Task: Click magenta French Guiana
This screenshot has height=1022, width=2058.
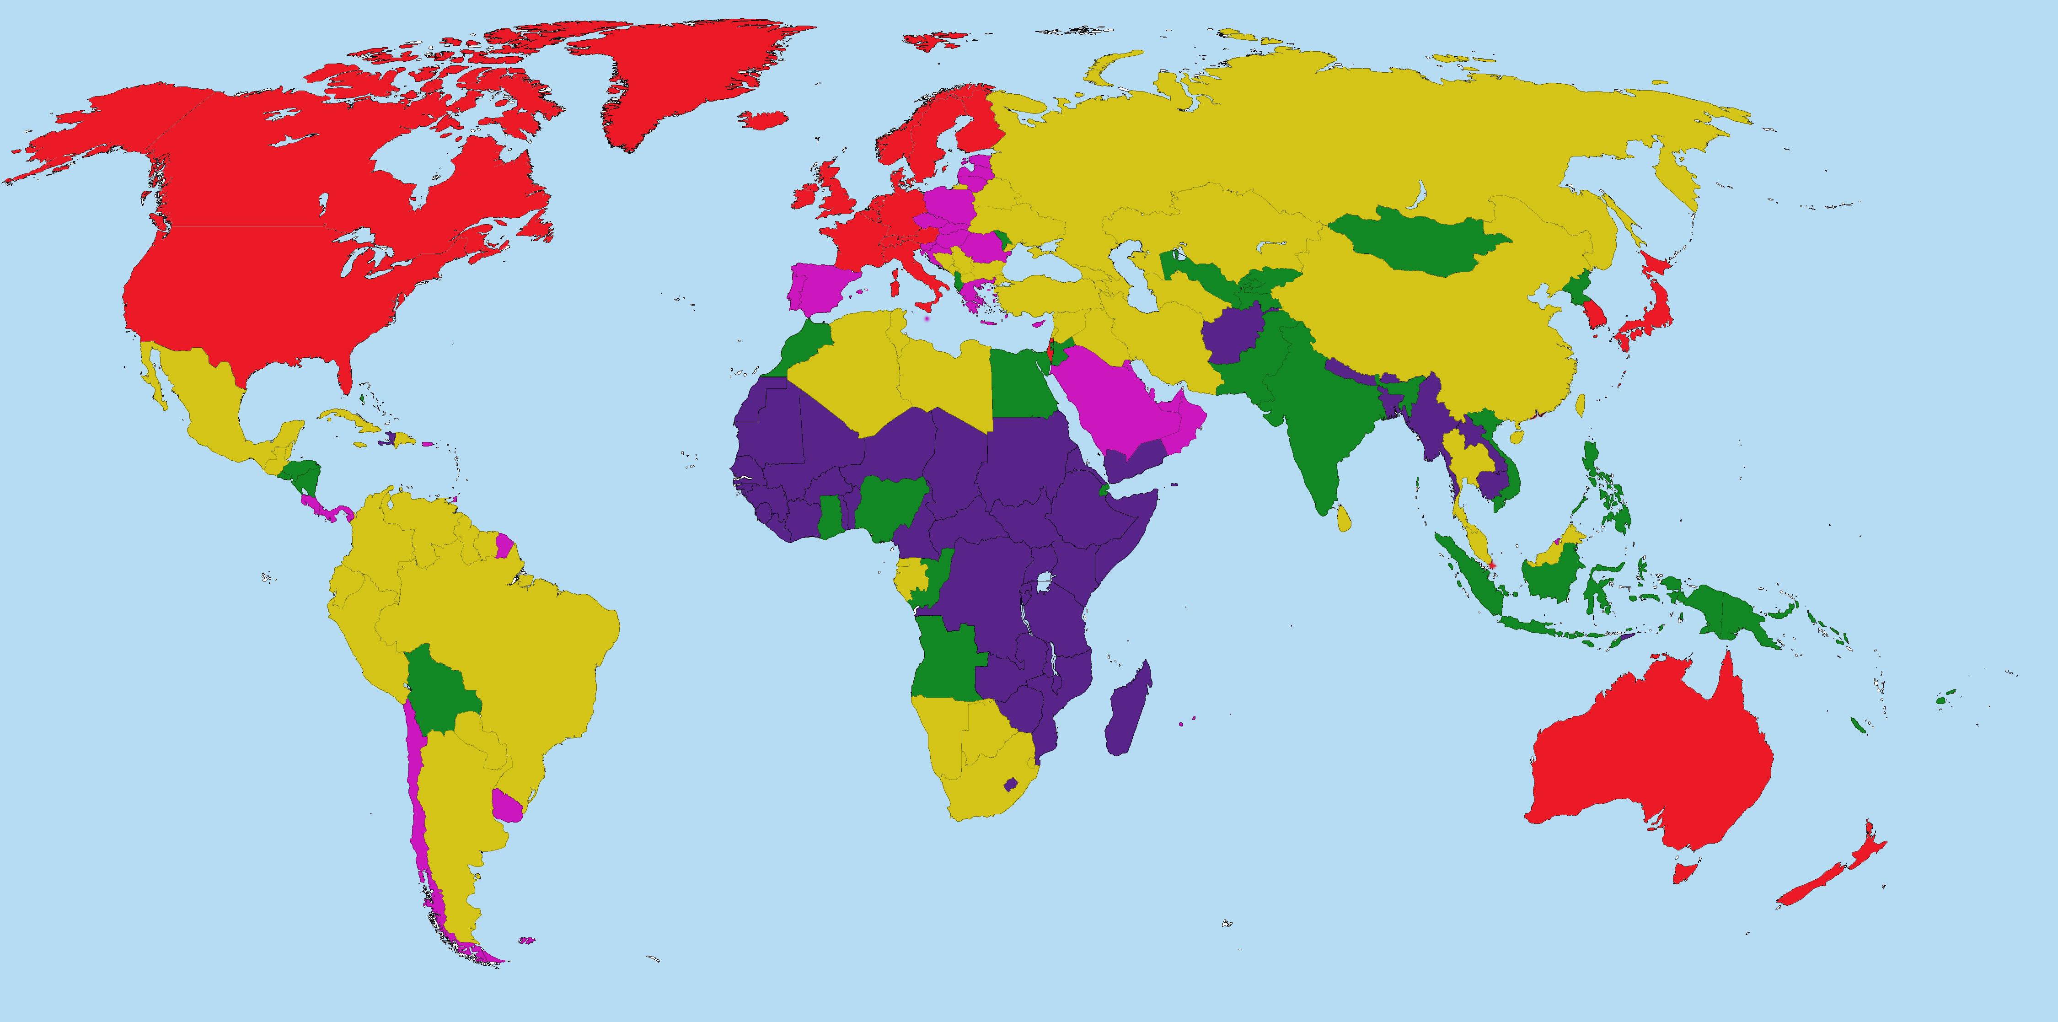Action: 504,547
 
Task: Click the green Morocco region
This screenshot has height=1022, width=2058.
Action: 803,344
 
